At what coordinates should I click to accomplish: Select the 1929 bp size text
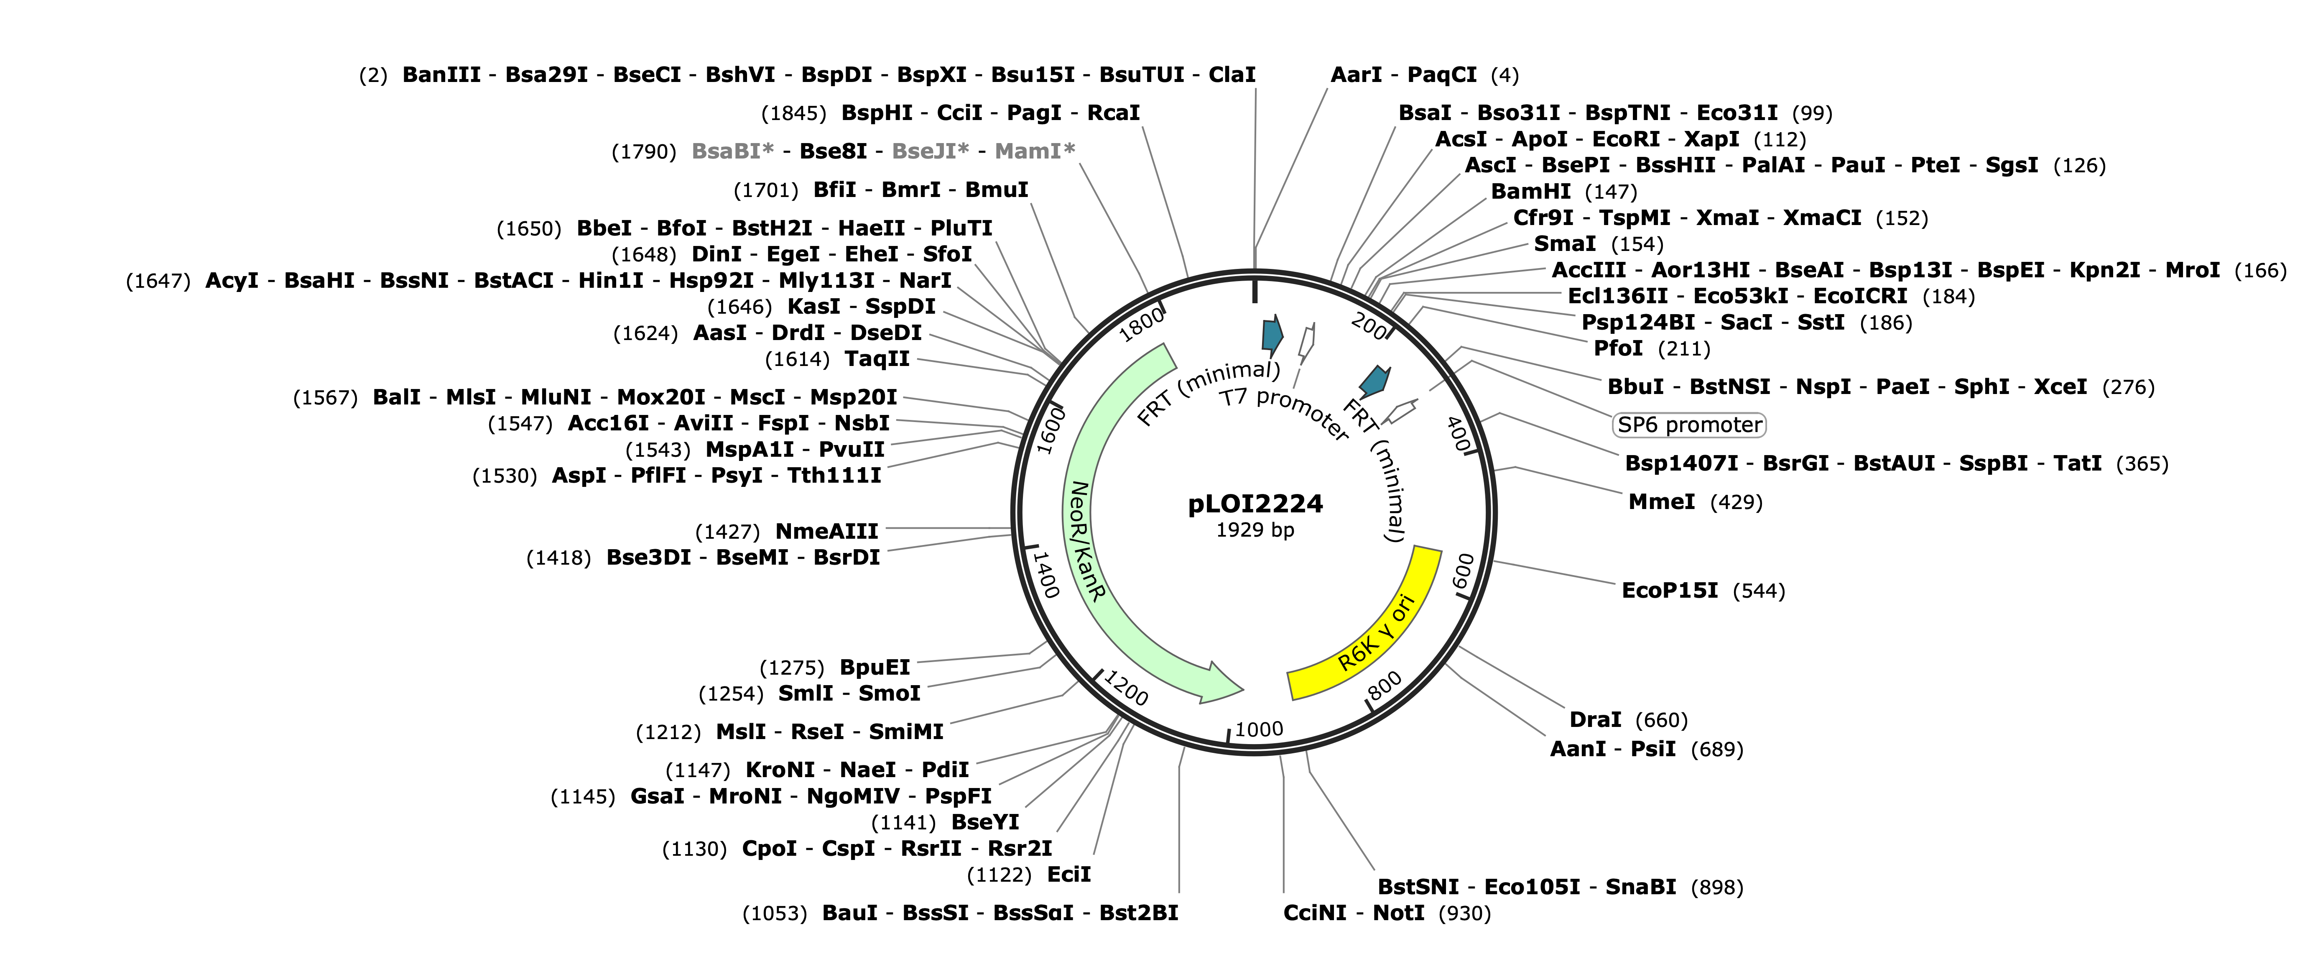(1255, 530)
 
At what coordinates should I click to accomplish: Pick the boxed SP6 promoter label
(1689, 425)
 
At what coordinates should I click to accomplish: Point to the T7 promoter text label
(1284, 413)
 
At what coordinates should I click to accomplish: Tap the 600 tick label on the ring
(1464, 572)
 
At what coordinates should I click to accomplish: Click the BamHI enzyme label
(1531, 191)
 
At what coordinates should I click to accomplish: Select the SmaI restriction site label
(1565, 243)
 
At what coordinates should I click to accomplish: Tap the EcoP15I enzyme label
(1669, 590)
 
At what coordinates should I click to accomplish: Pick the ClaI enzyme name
(1232, 74)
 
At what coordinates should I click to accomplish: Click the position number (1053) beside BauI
(774, 913)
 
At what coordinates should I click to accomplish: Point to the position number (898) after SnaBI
(1717, 888)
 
